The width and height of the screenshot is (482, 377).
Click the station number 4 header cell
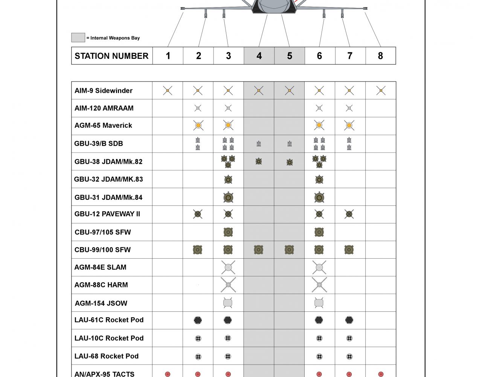[259, 56]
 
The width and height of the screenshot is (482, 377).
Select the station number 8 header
[380, 56]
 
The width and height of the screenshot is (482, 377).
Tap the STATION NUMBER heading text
[111, 56]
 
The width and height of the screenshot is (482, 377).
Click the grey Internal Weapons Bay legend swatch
[78, 37]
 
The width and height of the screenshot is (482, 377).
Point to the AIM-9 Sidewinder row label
[104, 90]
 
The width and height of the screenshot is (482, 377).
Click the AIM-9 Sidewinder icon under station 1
[168, 90]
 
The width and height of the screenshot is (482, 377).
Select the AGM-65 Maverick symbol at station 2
[198, 125]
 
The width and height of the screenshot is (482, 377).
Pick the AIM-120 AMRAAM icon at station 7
[349, 108]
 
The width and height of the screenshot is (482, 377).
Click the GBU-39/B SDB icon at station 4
[259, 144]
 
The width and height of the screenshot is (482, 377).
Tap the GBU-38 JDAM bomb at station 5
[289, 162]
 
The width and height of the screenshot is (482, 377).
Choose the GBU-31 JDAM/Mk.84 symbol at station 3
[228, 197]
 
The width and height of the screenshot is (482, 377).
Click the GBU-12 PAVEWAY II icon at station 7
[349, 214]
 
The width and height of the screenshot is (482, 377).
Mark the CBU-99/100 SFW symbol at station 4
[258, 250]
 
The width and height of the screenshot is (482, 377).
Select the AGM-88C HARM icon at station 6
[319, 285]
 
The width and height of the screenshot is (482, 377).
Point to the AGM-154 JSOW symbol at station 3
[227, 303]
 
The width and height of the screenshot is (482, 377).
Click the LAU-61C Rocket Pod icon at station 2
[198, 320]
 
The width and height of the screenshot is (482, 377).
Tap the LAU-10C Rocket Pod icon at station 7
[349, 338]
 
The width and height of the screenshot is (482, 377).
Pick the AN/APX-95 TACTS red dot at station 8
[381, 374]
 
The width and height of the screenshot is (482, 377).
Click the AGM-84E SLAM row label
[100, 267]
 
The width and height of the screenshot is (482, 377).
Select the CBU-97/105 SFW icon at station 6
[319, 232]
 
